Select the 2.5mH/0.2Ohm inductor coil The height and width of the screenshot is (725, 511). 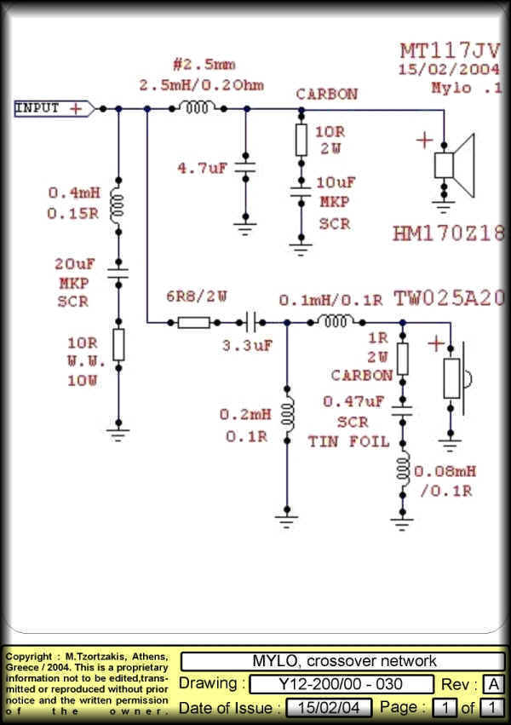tap(196, 108)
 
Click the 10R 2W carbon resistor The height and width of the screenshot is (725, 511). tap(301, 139)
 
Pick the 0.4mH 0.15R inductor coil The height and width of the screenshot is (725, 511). tap(118, 204)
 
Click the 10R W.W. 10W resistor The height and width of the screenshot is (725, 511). tap(118, 343)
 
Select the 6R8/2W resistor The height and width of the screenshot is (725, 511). tap(194, 323)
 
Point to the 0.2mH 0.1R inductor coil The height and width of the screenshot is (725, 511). tap(287, 413)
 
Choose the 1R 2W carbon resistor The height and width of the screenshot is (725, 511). tap(402, 358)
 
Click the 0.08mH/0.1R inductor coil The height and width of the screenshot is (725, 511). tap(402, 469)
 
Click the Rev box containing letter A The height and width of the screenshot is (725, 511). tap(492, 684)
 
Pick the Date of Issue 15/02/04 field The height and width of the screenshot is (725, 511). tap(328, 708)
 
